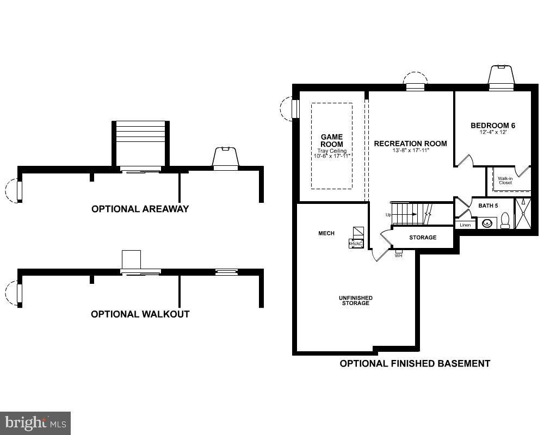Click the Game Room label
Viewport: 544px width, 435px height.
point(331,140)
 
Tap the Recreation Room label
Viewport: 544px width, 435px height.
point(410,144)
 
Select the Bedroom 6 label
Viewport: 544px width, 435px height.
point(492,126)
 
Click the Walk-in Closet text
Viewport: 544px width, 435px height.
point(505,180)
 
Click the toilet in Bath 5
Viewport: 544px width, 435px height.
point(505,220)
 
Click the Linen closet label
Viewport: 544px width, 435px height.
point(465,225)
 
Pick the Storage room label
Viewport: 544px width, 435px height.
point(422,238)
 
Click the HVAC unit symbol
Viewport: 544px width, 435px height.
point(356,244)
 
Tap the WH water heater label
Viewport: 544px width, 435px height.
point(398,255)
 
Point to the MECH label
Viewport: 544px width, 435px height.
point(326,233)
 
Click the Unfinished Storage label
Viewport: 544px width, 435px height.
point(355,300)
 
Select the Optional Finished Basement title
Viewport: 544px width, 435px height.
point(415,363)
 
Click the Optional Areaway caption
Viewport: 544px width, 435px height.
point(140,209)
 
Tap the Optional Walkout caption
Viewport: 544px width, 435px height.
point(140,314)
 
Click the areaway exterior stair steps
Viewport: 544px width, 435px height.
point(140,136)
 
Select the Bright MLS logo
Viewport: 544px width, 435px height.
point(35,422)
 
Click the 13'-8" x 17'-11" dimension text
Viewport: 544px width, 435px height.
point(410,151)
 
